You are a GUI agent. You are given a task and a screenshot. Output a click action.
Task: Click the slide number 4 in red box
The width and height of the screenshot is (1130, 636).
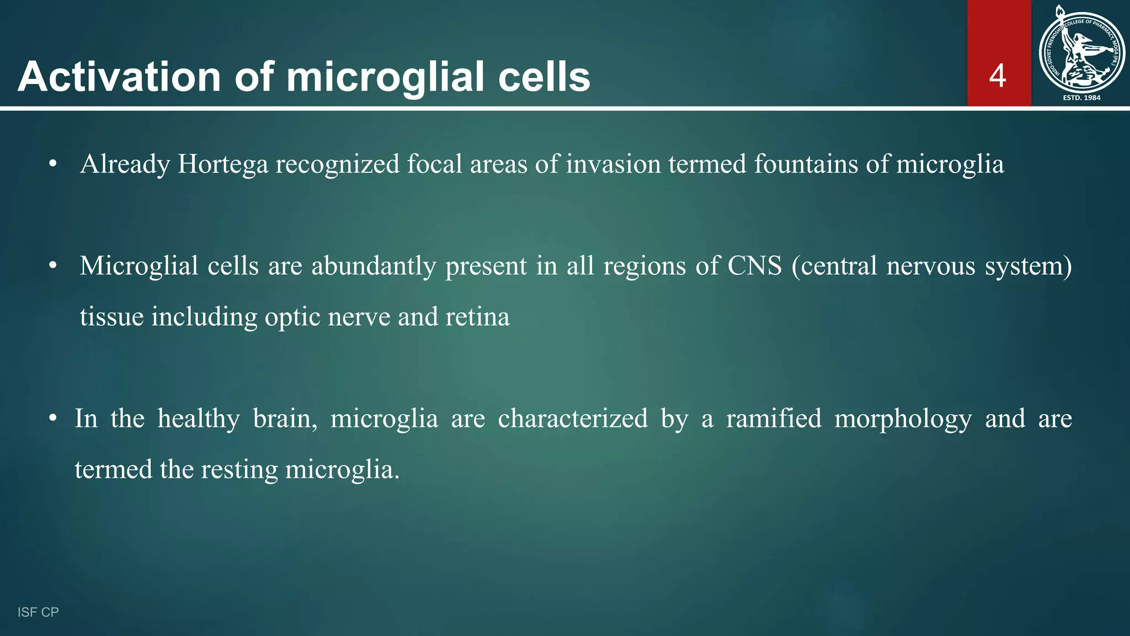point(998,76)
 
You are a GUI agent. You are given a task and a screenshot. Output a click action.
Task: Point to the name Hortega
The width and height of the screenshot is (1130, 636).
point(223,165)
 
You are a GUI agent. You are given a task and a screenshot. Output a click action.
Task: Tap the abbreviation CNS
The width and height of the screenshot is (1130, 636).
point(754,266)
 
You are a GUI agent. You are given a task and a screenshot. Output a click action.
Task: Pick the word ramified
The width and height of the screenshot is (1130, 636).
point(774,418)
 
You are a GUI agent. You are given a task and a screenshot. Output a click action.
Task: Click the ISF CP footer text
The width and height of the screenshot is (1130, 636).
point(38,612)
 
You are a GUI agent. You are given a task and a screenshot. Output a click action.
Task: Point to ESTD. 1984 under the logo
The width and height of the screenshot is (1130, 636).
point(1081,98)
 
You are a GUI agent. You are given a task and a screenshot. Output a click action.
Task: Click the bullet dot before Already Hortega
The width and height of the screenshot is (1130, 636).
point(52,164)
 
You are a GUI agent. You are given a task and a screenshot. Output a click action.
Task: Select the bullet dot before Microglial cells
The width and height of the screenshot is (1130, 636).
point(52,266)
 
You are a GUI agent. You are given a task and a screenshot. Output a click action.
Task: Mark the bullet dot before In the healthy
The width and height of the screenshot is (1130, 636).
point(52,418)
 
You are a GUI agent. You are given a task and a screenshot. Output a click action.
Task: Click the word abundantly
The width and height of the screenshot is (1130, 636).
point(374,266)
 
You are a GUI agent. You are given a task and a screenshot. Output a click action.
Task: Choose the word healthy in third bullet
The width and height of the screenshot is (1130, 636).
point(199,418)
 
